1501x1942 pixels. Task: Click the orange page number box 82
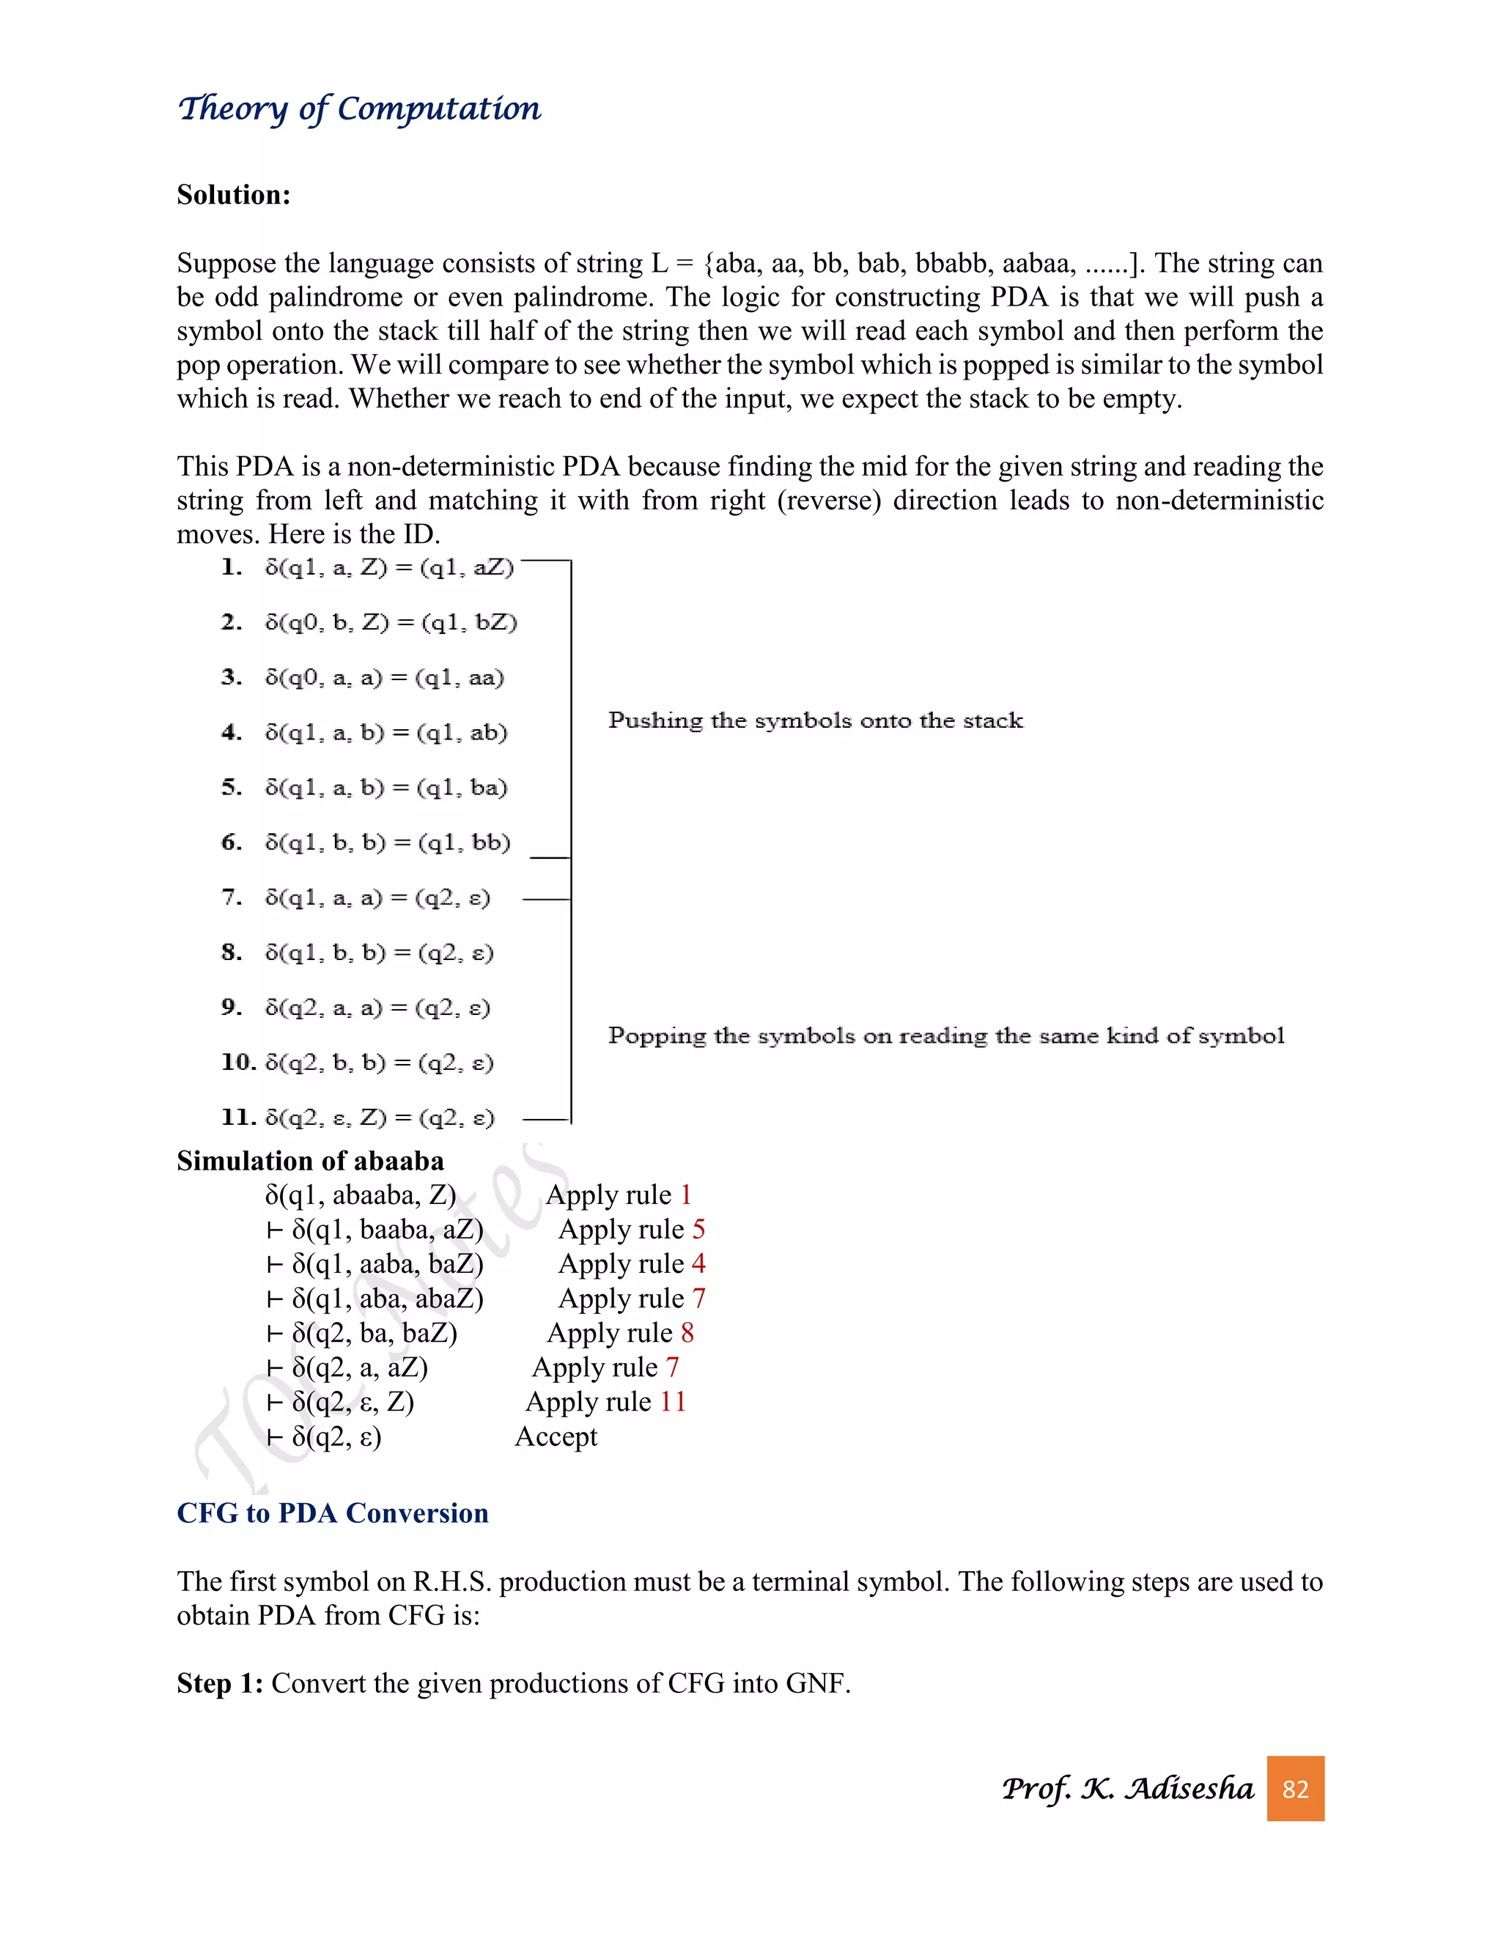tap(1295, 1788)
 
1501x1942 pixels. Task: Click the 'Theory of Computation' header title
tap(358, 108)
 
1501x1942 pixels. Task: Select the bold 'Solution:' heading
tap(233, 195)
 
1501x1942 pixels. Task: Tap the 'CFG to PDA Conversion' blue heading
tap(333, 1513)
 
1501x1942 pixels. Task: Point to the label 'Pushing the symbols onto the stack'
tap(814, 720)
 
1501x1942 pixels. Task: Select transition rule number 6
tap(366, 842)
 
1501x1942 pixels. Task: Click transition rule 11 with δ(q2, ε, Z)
tap(358, 1117)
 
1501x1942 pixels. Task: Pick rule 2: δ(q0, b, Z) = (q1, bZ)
tap(369, 622)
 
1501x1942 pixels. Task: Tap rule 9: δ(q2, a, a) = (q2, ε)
tap(355, 1008)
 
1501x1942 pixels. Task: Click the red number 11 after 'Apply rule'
tap(672, 1401)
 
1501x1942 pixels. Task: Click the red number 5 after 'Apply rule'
tap(698, 1229)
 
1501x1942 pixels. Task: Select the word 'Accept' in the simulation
tap(556, 1436)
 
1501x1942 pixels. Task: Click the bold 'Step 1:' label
tap(220, 1683)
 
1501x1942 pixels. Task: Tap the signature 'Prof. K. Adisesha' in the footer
tap(1126, 1788)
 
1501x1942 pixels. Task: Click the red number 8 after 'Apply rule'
tap(687, 1332)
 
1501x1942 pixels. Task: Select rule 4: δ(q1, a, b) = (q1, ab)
tap(364, 733)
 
